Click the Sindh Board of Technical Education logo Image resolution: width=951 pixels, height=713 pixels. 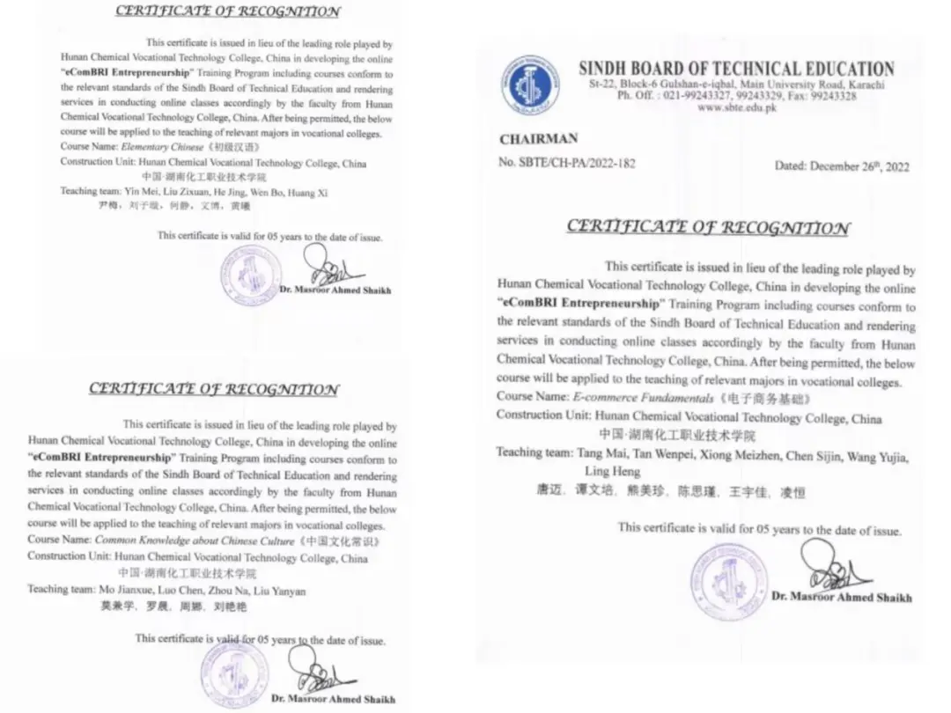[530, 85]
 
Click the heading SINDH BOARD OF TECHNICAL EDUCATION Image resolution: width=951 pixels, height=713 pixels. [736, 69]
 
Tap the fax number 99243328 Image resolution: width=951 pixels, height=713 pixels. [833, 96]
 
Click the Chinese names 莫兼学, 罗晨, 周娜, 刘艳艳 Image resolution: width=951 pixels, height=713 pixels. [172, 606]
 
